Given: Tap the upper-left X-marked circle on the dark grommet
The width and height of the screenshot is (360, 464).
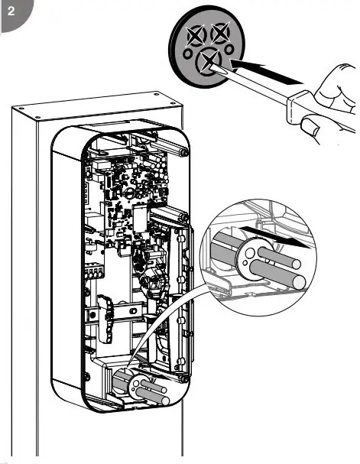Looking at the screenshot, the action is pos(196,35).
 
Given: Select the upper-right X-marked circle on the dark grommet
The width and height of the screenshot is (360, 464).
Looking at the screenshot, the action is pos(220,33).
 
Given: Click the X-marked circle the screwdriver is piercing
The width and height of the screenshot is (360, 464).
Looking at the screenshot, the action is pos(208,61).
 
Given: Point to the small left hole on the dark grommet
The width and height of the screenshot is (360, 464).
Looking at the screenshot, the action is pos(187,54).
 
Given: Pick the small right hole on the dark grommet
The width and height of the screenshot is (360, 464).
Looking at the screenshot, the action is pos(229,50).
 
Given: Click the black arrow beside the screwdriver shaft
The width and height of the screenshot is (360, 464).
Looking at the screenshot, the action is pos(265,72).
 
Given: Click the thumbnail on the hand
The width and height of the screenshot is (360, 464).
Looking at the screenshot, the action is pos(310,125).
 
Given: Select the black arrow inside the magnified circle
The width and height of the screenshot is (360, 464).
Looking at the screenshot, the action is pos(275,237).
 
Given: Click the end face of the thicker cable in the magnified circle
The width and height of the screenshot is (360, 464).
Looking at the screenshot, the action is pos(299,282).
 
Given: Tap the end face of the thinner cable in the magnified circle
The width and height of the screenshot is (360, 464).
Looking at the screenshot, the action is pos(295,264).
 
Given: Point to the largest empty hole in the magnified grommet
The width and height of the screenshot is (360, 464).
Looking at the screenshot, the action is pos(250,253).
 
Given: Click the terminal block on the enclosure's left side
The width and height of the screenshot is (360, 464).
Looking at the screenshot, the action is pos(94,273).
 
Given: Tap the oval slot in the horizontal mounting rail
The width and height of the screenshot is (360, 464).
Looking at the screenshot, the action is pos(134,311).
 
